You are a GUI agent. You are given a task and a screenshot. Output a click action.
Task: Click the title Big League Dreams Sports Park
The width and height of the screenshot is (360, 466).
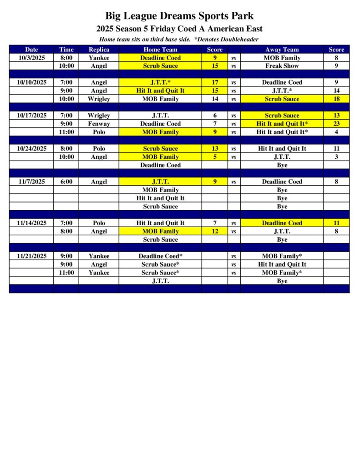click(179, 16)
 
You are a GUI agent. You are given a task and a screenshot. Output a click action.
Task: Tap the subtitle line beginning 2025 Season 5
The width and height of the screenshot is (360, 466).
click(179, 29)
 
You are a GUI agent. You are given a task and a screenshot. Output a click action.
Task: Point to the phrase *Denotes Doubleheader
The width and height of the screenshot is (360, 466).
click(226, 39)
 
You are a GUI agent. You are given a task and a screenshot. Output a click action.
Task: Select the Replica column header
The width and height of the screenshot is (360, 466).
click(99, 50)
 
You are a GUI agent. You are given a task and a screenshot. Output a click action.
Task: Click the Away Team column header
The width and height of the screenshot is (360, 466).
click(282, 50)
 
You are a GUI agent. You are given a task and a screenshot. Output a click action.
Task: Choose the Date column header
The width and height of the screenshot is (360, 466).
click(31, 50)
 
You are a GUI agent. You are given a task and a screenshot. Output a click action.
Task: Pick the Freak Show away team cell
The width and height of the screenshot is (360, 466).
click(282, 66)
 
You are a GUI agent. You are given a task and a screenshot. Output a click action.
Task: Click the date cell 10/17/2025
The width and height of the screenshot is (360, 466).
click(31, 116)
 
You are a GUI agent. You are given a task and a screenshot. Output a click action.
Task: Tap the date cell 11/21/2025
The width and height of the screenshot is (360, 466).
click(31, 256)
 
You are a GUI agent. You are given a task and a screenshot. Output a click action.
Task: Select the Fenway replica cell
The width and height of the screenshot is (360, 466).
click(99, 124)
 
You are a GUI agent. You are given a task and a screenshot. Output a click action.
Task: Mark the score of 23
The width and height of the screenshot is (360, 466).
click(336, 124)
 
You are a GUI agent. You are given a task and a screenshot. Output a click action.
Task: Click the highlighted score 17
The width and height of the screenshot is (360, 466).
click(215, 82)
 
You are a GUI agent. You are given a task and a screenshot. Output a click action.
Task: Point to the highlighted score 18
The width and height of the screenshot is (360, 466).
click(336, 99)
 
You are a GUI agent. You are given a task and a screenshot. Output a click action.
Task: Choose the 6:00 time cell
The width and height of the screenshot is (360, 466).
click(66, 182)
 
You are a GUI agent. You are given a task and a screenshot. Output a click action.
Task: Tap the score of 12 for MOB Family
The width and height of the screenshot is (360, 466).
click(215, 231)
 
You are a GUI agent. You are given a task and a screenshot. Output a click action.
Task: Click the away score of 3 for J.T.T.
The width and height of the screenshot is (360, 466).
click(336, 157)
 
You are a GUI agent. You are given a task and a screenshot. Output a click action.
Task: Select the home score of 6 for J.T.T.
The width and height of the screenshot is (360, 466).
click(215, 116)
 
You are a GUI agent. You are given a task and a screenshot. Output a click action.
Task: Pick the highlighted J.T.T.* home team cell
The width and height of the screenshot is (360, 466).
click(160, 82)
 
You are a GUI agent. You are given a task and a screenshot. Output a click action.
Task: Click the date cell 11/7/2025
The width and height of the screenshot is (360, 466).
click(31, 182)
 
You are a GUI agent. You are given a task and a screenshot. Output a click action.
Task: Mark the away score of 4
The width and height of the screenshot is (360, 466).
click(336, 132)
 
